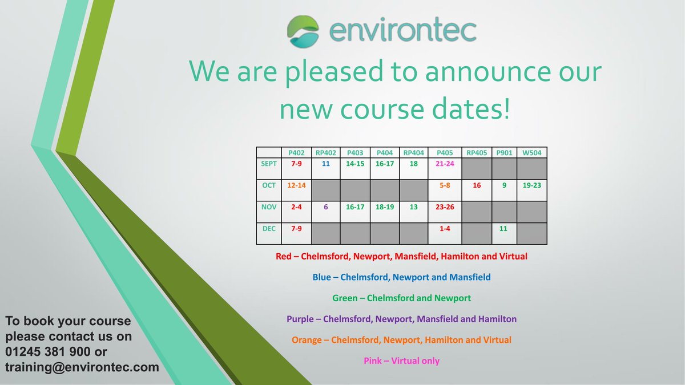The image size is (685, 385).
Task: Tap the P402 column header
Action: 297,152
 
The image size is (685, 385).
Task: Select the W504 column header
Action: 532,152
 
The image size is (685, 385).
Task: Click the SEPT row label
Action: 269,164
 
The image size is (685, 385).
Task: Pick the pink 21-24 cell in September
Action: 445,164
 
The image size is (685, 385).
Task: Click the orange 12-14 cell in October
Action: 297,185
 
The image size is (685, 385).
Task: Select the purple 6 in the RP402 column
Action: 326,207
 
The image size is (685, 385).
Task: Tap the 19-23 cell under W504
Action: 532,185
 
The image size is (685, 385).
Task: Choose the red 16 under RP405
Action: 477,185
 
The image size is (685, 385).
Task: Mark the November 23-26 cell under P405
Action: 445,207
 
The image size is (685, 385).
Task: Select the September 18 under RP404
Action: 413,164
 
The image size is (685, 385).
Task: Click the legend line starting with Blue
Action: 401,277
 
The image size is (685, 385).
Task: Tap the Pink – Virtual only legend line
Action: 401,360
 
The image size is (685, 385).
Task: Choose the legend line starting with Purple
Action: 401,319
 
